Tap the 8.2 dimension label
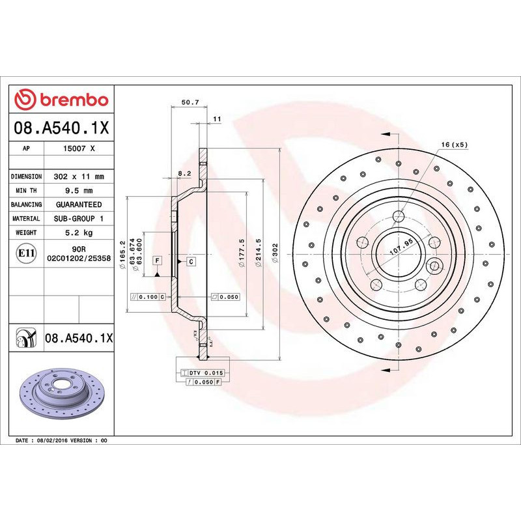pos(184,174)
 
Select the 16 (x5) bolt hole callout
pos(455,144)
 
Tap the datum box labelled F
pos(157,260)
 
